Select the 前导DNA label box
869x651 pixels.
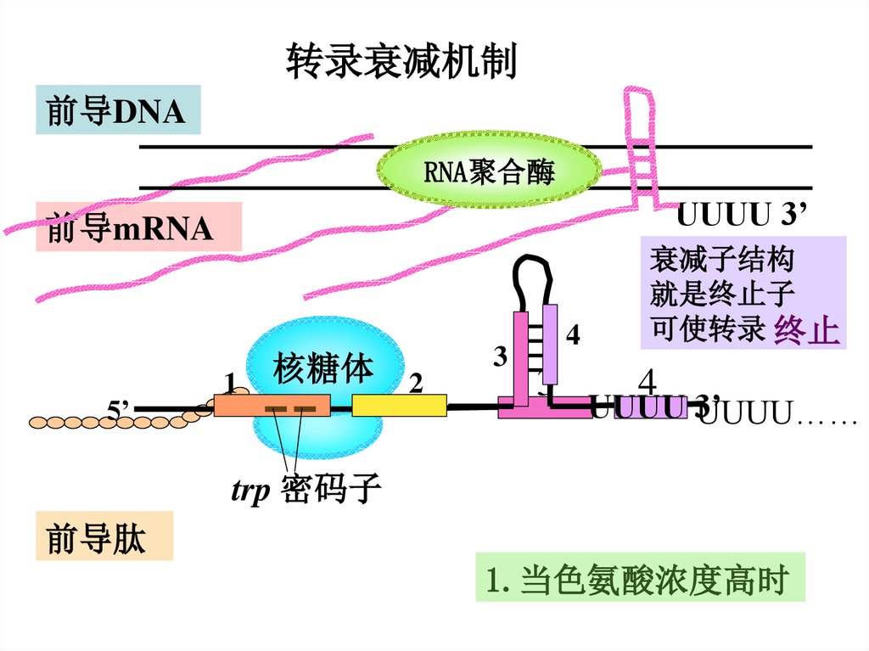(117, 110)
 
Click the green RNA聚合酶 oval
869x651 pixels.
(488, 173)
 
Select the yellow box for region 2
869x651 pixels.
(399, 406)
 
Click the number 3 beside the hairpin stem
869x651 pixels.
(500, 357)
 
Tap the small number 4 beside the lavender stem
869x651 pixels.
(574, 336)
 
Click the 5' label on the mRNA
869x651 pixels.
(118, 411)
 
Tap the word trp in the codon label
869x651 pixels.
(251, 491)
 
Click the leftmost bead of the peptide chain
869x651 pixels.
(39, 421)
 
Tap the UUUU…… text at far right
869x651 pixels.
(779, 415)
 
